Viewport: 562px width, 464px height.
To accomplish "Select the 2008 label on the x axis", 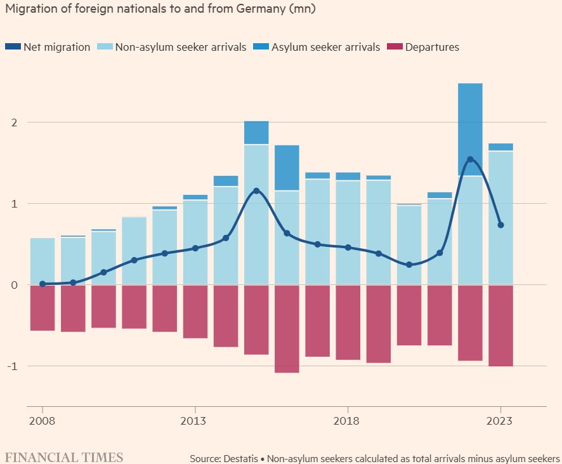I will [x=42, y=421].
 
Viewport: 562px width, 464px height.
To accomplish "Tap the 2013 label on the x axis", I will [x=195, y=421].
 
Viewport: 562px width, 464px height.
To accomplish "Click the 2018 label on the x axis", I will [x=348, y=421].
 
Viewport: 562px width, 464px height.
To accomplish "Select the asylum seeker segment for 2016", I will [x=287, y=168].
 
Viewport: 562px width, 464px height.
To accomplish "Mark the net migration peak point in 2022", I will [x=470, y=159].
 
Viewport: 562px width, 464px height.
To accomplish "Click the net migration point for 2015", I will [x=256, y=190].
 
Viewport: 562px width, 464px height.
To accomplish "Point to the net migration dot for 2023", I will [x=501, y=225].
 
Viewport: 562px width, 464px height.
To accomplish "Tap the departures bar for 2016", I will [x=287, y=329].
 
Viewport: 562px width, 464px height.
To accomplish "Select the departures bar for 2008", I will [x=42, y=308].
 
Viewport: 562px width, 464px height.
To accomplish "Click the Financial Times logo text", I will [x=64, y=457].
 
